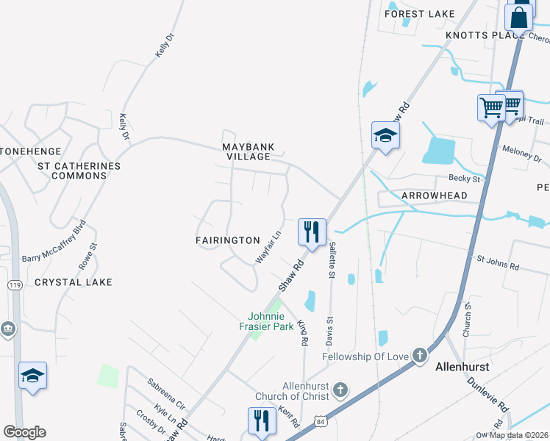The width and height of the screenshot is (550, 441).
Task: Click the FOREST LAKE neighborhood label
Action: [420, 14]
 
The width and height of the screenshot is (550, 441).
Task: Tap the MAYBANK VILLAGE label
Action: [249, 151]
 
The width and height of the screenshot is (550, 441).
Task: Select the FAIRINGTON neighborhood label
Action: [228, 240]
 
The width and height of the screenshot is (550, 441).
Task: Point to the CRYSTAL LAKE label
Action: [74, 282]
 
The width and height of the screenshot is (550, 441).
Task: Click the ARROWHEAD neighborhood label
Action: [435, 196]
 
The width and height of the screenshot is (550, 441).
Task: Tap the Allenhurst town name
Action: [463, 366]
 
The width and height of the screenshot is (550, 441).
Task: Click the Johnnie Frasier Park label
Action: [266, 322]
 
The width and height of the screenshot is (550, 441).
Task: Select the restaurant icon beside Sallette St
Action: [312, 232]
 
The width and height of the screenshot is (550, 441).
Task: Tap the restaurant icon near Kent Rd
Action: [262, 422]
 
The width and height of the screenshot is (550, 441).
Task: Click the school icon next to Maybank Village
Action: [385, 135]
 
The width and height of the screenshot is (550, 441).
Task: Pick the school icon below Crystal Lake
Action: [32, 376]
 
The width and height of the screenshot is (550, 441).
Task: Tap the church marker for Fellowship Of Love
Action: [419, 356]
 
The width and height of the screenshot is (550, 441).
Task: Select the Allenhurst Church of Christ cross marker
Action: [340, 388]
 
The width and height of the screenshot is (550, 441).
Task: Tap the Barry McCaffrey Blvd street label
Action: [54, 241]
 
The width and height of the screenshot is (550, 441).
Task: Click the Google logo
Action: [24, 432]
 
